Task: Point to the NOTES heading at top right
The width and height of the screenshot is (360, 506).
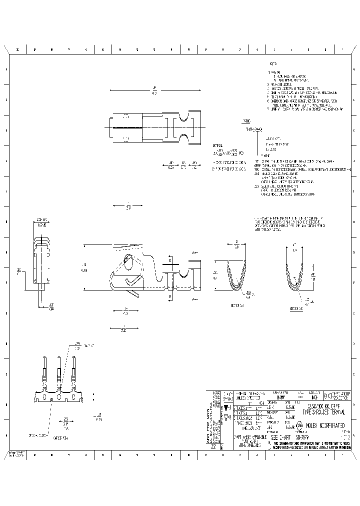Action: click(273, 64)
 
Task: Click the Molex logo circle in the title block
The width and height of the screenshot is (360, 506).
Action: click(299, 426)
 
